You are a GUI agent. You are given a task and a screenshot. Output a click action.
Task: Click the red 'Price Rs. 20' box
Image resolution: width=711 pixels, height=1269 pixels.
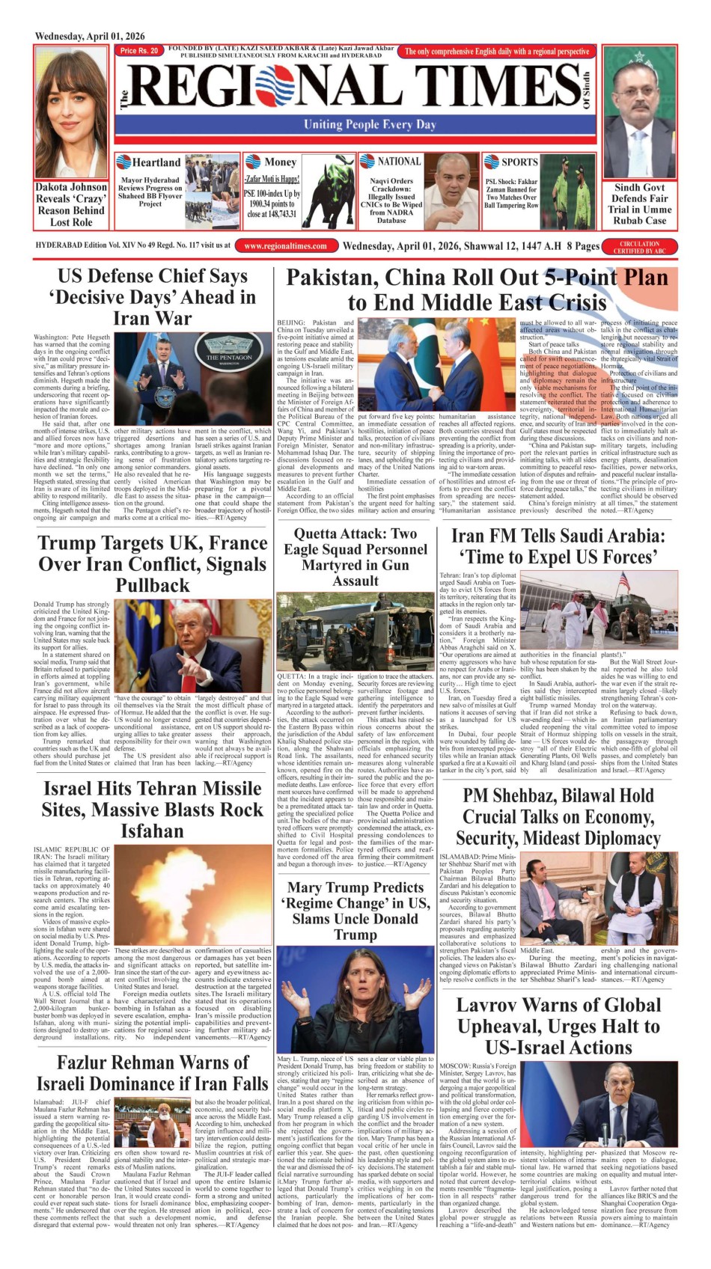point(139,51)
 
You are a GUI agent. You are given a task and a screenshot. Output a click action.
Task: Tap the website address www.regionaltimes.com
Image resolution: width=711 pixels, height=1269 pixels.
point(285,245)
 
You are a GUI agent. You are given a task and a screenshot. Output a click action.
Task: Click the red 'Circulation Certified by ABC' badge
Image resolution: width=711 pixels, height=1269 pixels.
point(639,247)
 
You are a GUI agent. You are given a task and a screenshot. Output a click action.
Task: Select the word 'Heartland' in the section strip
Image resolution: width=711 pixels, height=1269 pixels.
point(156,162)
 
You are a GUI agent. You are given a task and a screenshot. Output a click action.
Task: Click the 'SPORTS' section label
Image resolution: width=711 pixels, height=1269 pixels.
point(519,162)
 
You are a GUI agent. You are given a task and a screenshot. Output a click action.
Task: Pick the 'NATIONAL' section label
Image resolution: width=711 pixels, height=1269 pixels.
point(399,161)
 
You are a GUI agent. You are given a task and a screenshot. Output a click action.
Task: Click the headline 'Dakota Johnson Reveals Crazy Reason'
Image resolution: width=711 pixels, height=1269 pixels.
point(71,204)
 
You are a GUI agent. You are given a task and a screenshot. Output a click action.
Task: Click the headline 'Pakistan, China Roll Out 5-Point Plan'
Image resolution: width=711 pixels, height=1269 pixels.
point(477,290)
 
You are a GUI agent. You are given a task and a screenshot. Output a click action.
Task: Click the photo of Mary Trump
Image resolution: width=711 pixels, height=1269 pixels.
point(355,999)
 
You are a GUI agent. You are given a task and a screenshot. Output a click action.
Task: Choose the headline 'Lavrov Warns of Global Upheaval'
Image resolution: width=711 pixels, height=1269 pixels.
point(558,1026)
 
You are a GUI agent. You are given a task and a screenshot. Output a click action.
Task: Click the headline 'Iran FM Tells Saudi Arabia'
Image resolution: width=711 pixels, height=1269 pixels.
point(558,546)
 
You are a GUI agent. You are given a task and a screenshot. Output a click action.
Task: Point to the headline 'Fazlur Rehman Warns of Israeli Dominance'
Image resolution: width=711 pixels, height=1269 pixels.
point(152,1073)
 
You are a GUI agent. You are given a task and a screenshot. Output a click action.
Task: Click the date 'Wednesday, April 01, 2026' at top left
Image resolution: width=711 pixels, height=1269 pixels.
point(90,36)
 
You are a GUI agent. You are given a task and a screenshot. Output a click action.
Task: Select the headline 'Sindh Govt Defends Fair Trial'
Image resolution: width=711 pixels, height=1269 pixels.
point(640,204)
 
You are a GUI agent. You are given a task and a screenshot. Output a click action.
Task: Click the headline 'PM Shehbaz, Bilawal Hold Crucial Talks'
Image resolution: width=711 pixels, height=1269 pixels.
point(558,816)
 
